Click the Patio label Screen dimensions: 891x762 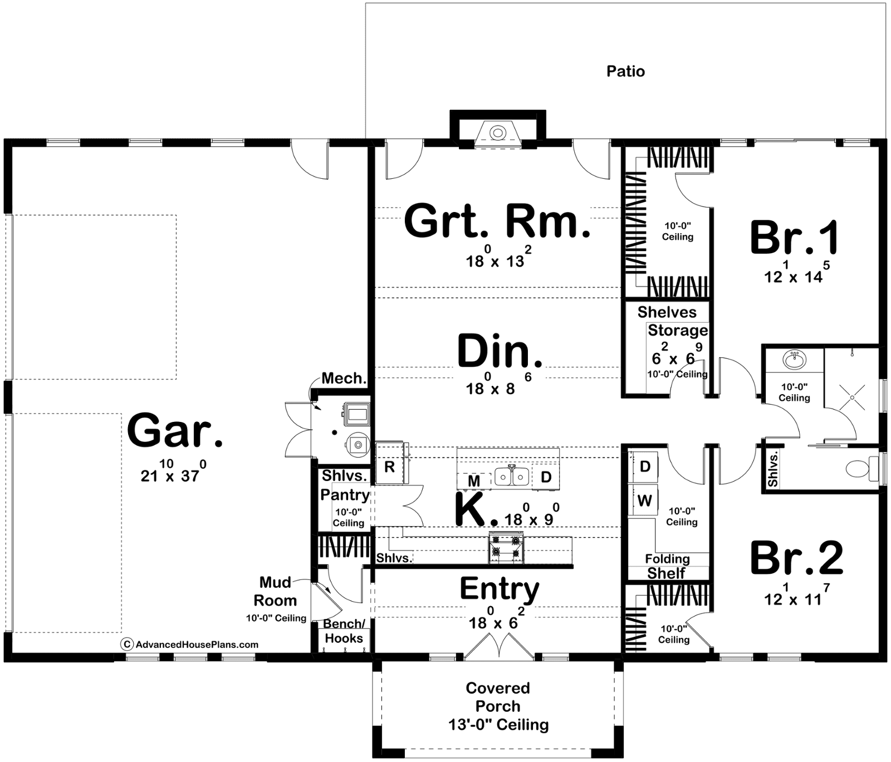pos(625,71)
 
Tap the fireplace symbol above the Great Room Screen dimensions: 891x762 pos(497,133)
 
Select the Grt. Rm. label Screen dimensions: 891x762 pos(497,221)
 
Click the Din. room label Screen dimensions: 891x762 pos(500,351)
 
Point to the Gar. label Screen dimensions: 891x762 pos(175,430)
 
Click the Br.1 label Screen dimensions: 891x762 pos(795,238)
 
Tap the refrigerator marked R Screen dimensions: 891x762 pos(389,466)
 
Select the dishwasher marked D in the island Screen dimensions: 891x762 pos(546,477)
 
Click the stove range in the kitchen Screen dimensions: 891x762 pos(506,546)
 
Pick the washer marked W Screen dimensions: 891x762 pos(644,500)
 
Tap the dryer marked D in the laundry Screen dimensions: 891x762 pos(644,466)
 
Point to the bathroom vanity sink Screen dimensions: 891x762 pos(794,360)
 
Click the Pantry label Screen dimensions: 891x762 pos(345,494)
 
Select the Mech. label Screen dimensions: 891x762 pos(344,378)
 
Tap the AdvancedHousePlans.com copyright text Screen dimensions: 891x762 pos(190,645)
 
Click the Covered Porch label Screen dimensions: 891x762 pos(498,697)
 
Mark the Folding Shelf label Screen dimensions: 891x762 pos(667,566)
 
